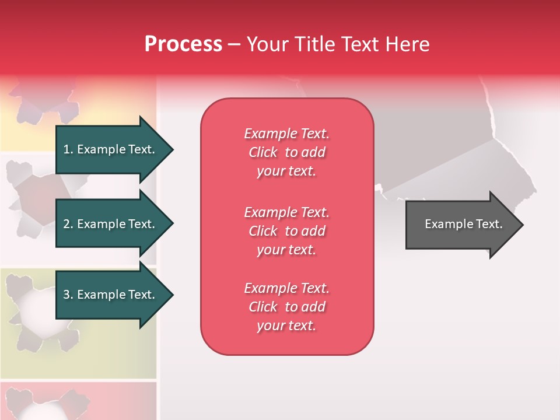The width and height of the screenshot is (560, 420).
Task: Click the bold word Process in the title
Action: [x=183, y=44]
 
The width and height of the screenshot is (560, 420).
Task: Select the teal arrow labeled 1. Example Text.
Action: [x=111, y=149]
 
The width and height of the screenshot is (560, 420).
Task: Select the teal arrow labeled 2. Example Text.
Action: [x=111, y=224]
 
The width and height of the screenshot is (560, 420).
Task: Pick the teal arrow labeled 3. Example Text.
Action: [x=111, y=295]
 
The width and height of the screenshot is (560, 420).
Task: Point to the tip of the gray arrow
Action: [x=522, y=225]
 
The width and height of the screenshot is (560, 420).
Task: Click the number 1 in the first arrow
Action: [x=66, y=149]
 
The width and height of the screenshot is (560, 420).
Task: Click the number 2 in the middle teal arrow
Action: [x=66, y=224]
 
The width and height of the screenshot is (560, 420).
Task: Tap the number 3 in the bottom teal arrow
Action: [x=66, y=295]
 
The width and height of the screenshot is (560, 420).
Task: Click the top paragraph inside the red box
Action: [x=286, y=152]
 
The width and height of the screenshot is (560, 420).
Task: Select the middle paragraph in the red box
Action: [x=286, y=231]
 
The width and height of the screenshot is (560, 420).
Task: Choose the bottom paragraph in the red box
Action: [x=286, y=307]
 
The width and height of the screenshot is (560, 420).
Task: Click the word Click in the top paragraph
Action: [x=262, y=152]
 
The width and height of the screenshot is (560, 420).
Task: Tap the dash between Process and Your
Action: [x=234, y=44]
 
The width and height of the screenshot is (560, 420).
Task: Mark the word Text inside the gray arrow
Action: [x=489, y=225]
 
